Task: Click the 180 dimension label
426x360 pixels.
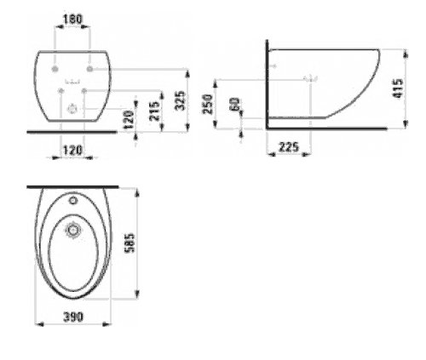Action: (72, 20)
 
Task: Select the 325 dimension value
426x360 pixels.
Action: (180, 100)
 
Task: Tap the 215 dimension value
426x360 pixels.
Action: (154, 111)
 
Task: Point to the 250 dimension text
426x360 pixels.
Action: (208, 104)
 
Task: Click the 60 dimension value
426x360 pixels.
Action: (235, 104)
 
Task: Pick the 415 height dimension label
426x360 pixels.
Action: (398, 89)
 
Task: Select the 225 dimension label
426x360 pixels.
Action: (289, 147)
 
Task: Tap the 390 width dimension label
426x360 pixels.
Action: (73, 317)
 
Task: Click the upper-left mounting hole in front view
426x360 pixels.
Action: (55, 69)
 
